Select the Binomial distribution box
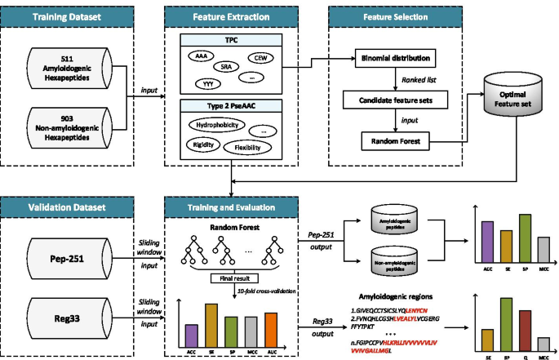(395, 59)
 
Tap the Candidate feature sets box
(395, 102)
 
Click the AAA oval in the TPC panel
(201, 55)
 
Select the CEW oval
(262, 57)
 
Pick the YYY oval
(207, 83)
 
